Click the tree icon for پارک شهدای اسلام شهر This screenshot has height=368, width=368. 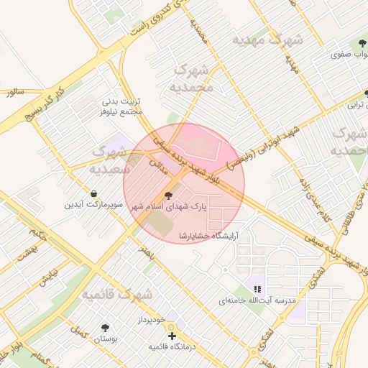click(x=169, y=195)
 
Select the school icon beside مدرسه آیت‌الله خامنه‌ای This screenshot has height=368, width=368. click(x=257, y=289)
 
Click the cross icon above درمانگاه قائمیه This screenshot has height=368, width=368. click(x=172, y=336)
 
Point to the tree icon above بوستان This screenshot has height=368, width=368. click(x=105, y=327)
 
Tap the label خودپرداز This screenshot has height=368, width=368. click(x=152, y=318)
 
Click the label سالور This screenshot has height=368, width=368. click(x=14, y=93)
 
